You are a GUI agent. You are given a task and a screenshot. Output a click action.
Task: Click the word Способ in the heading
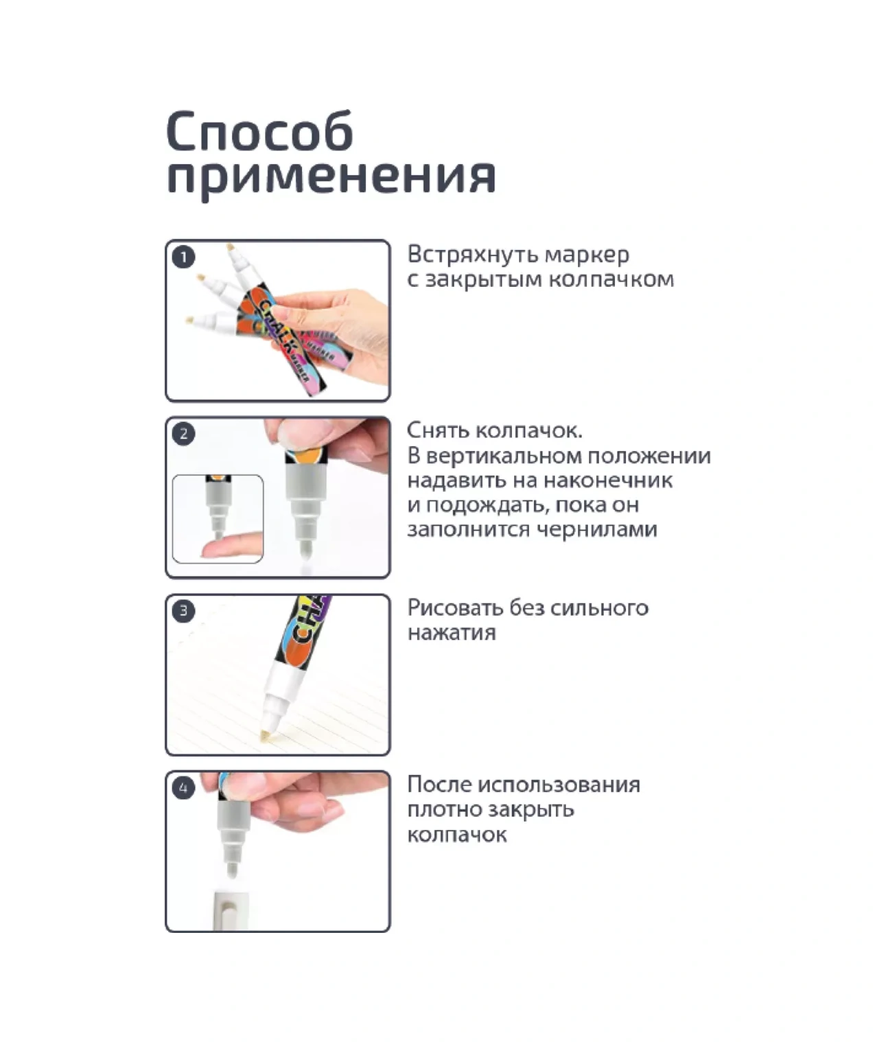(259, 131)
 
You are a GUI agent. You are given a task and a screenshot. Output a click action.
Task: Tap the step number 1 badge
(184, 257)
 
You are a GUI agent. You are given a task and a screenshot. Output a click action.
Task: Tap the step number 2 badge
(184, 434)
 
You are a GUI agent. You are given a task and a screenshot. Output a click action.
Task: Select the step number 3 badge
(184, 611)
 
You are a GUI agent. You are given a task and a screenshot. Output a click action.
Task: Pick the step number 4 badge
(184, 788)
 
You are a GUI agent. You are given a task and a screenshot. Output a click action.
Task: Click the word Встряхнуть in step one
(472, 255)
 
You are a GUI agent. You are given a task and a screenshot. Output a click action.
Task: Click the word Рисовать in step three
(455, 608)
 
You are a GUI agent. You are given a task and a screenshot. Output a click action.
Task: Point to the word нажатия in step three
(452, 634)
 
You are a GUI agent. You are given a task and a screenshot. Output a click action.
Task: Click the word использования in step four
(559, 785)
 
